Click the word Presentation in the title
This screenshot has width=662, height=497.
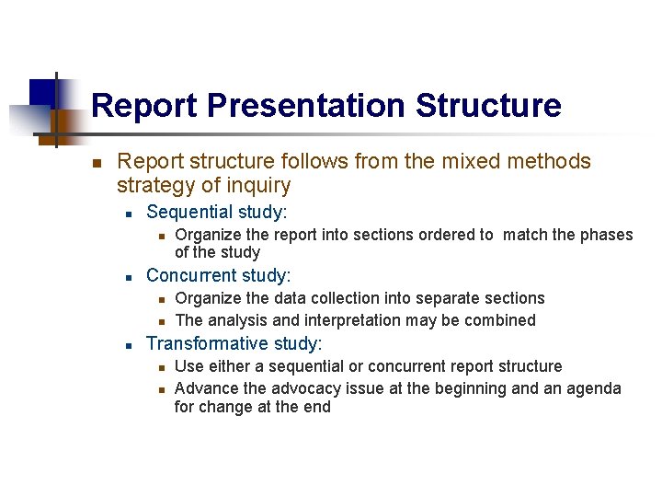pos(307,106)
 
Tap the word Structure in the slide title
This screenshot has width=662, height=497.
pos(487,106)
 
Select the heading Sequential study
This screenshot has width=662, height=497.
pos(217,213)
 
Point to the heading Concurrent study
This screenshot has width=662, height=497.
pos(219,275)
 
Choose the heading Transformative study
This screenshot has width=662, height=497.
pos(234,344)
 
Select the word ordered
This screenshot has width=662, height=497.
pos(445,235)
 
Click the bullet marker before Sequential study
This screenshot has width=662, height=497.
pos(131,214)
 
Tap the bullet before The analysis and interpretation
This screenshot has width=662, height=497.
pos(160,321)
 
